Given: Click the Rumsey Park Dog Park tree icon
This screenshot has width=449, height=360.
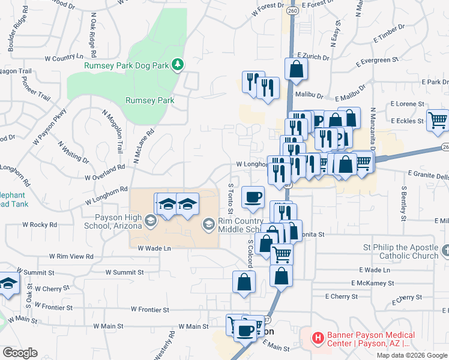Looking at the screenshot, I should [x=177, y=64].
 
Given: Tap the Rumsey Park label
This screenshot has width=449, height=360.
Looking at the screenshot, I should [x=149, y=100].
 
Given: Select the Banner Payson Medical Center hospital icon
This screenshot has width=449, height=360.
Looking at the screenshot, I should [x=317, y=339].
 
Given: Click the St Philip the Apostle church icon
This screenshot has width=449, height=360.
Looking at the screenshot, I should [x=445, y=251].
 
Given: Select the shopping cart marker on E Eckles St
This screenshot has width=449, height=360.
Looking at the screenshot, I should [x=437, y=119].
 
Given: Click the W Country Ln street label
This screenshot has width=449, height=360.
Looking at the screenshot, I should [x=64, y=58].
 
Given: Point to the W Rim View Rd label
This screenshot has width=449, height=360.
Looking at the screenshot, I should [x=73, y=256].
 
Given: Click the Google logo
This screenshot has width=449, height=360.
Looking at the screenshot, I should [x=20, y=353].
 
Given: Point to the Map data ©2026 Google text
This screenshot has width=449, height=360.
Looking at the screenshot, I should [x=411, y=355].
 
